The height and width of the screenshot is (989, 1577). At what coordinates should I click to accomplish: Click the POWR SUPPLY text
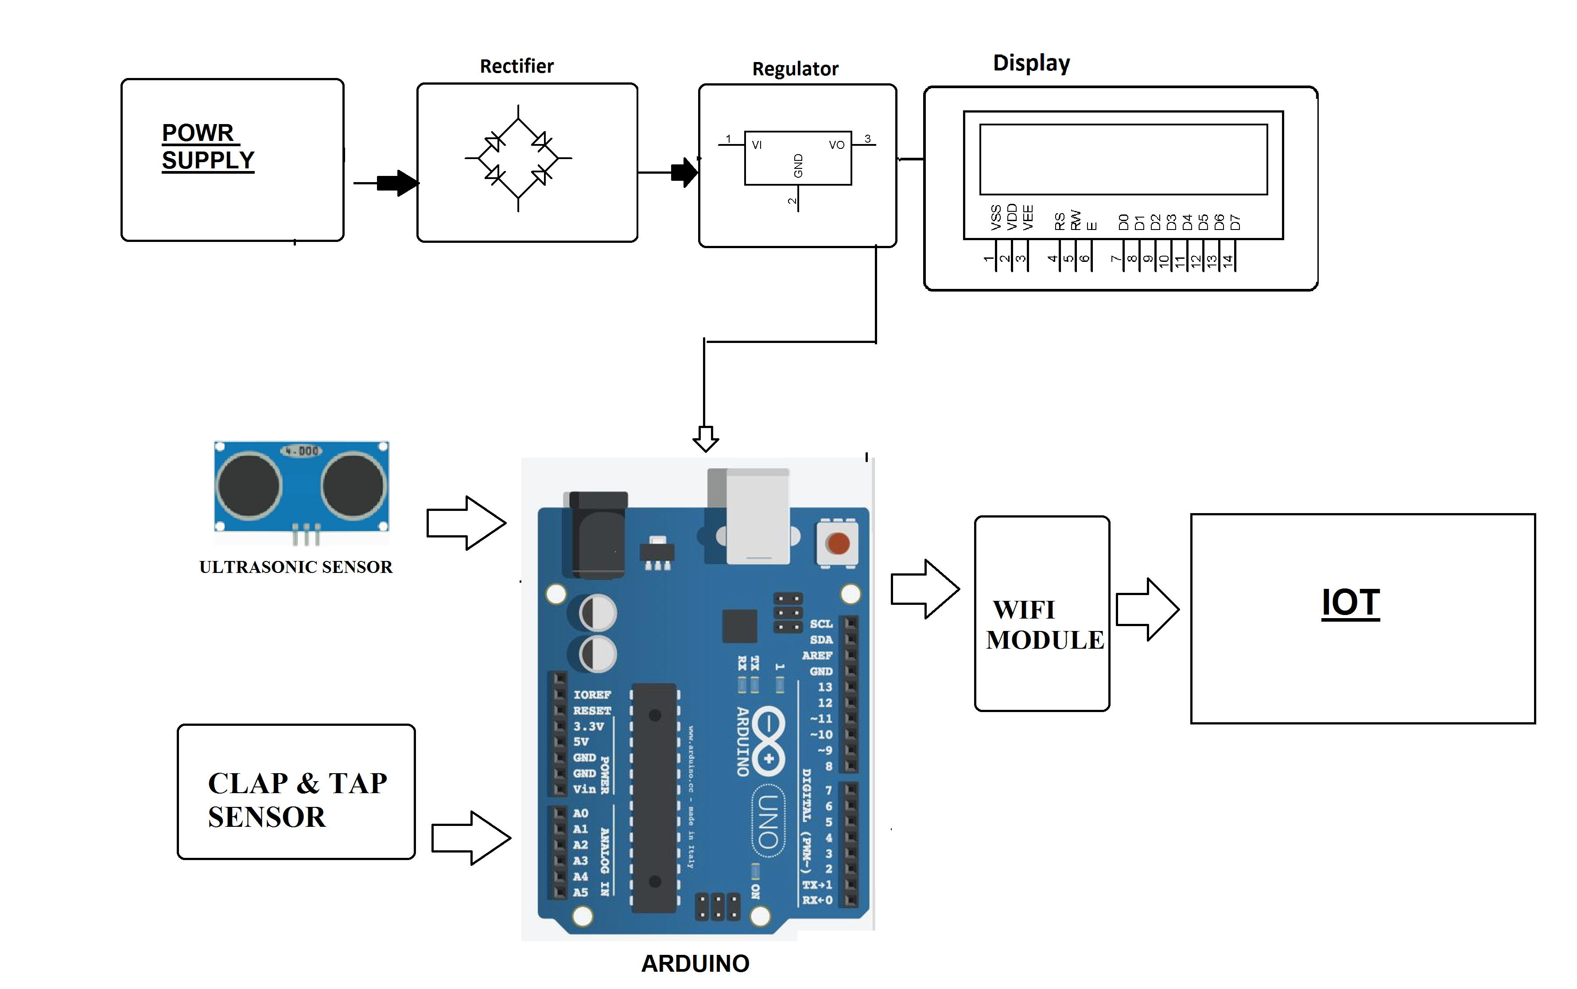point(207,147)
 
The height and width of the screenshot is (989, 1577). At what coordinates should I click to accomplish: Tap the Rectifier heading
point(517,66)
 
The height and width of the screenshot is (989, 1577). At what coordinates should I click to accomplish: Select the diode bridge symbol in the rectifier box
point(518,158)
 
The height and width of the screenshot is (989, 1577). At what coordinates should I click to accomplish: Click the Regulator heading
point(795,69)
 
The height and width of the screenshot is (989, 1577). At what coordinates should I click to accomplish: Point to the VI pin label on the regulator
point(757,144)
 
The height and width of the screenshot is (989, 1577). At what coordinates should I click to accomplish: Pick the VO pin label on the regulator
point(836,144)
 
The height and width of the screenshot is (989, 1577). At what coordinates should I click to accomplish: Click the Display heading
point(1031,63)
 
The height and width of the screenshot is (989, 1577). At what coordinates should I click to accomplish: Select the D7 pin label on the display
point(1235,222)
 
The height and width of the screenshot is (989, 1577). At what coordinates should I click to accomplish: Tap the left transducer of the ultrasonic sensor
point(249,486)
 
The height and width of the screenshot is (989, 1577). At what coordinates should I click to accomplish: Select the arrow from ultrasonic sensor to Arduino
point(466,522)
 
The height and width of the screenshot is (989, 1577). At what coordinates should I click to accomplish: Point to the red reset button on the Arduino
point(838,543)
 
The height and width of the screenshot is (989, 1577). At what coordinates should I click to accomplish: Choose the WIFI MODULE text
point(1044,625)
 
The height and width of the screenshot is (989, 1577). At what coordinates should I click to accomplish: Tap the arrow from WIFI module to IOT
point(1147,609)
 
